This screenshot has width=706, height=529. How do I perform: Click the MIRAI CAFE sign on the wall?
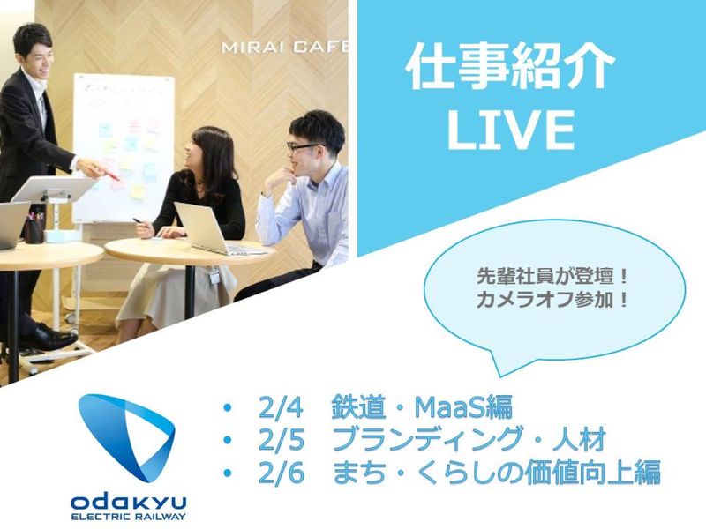[x=284, y=46]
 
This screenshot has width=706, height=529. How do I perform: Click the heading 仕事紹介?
[x=510, y=70]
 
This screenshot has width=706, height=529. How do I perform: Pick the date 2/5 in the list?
[x=282, y=441]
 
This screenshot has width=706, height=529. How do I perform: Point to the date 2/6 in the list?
[x=282, y=473]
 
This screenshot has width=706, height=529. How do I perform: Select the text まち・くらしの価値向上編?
[x=496, y=473]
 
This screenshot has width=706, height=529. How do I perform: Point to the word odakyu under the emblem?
[x=129, y=501]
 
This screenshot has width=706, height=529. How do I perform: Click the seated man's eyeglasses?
[x=305, y=145]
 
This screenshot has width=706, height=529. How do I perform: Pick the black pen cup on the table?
[x=34, y=230]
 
